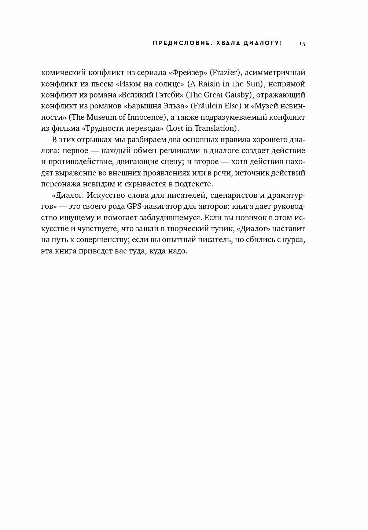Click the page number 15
point(302,43)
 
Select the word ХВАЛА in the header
point(228,43)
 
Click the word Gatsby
point(237,95)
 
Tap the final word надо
point(177,251)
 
